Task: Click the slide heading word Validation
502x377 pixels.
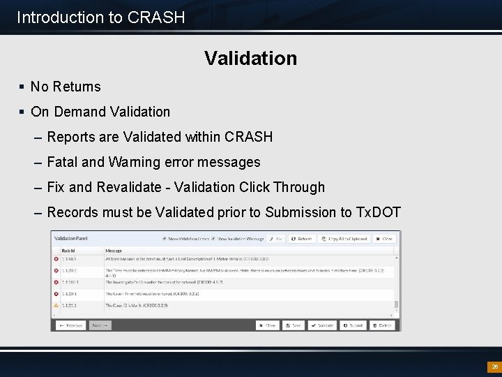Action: tap(250, 58)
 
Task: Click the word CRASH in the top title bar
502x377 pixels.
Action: tap(156, 17)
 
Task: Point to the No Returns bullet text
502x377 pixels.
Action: tap(66, 87)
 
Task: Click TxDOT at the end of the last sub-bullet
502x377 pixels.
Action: tap(379, 212)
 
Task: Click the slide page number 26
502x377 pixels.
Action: tap(494, 367)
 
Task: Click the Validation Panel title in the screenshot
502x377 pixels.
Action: tap(71, 238)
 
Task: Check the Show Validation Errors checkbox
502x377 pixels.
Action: tap(165, 239)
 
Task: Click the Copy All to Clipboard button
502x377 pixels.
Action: tap(344, 239)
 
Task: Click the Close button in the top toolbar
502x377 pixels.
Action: tap(383, 239)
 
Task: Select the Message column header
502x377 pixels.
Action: tap(114, 250)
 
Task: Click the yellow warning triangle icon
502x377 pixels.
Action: tap(56, 306)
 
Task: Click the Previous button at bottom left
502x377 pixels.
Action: tap(71, 325)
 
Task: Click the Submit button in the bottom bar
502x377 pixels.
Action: tap(353, 325)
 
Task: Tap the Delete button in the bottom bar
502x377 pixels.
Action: tap(382, 325)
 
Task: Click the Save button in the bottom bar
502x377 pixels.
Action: tap(294, 325)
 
